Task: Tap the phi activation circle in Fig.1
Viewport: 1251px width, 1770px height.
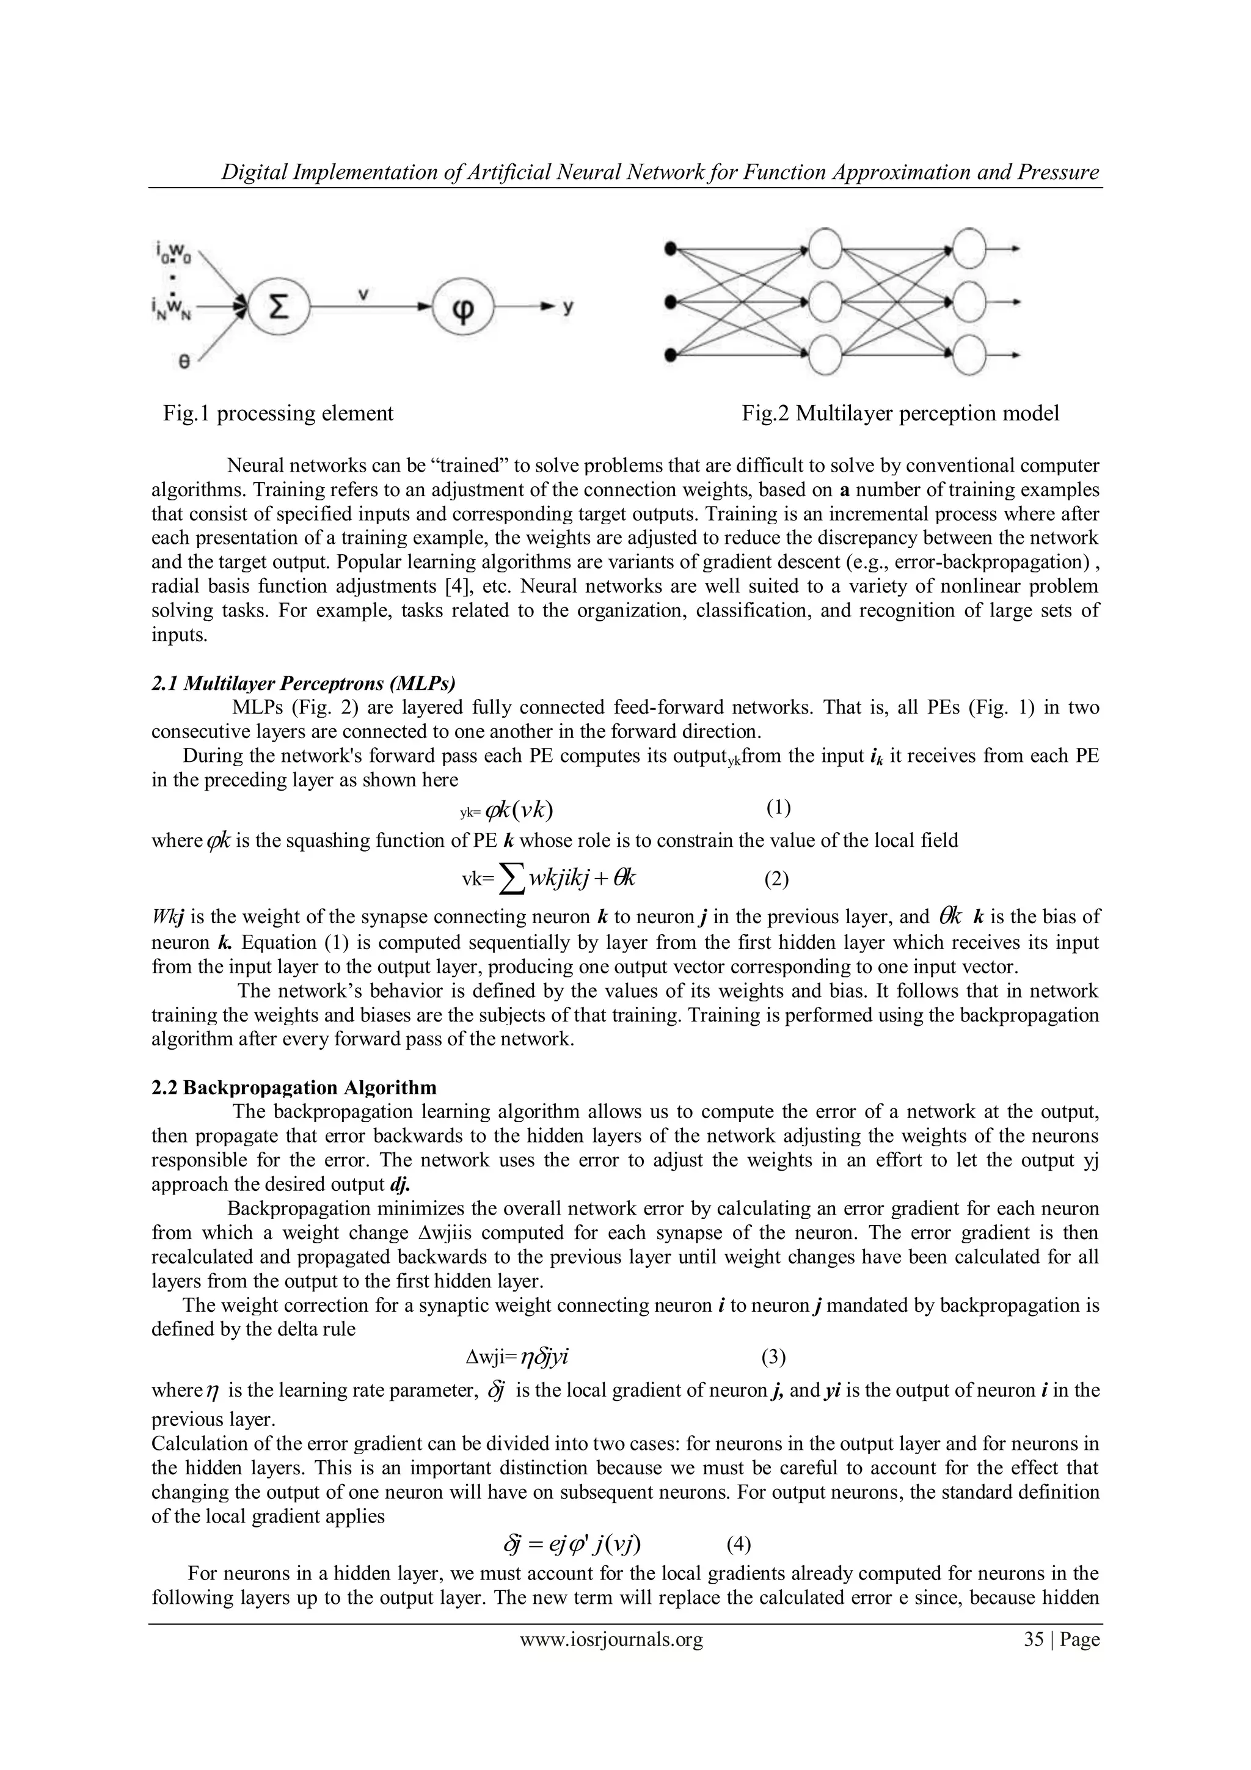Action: coord(462,307)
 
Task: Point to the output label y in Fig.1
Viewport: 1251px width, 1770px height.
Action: coord(568,307)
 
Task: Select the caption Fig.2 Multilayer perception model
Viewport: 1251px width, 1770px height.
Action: coord(900,414)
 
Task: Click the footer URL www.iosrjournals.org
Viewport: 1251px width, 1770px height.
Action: coord(611,1639)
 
